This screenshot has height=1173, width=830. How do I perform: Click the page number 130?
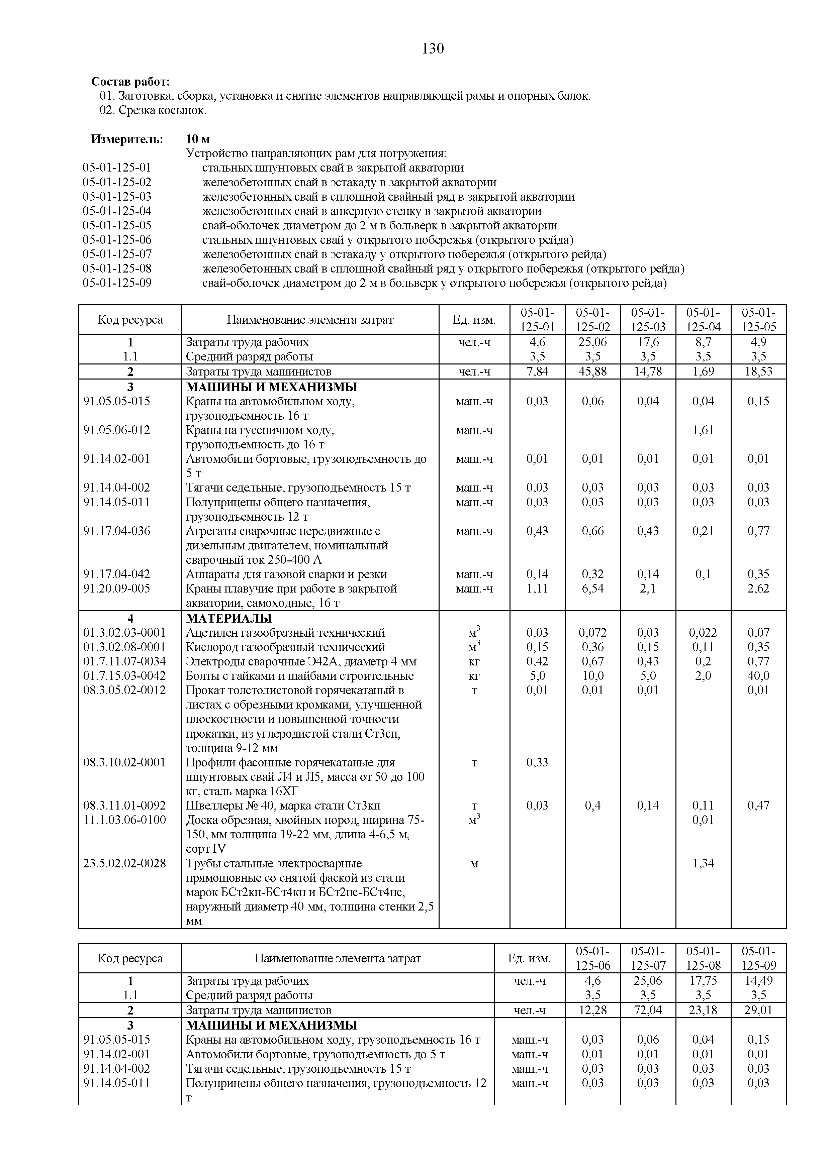point(433,49)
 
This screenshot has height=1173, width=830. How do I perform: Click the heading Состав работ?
point(130,82)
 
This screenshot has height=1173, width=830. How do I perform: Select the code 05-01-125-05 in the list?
point(117,225)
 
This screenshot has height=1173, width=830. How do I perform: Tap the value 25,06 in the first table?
point(592,342)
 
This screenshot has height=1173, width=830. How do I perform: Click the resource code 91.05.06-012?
point(117,430)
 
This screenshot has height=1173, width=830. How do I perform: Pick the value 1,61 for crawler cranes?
point(703,430)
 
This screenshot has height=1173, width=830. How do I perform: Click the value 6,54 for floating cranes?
point(592,589)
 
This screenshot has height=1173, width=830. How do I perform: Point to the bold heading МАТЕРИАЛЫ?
point(229,618)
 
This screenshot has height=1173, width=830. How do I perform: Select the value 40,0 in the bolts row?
point(758,676)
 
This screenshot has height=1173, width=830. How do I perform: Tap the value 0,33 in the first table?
point(537,762)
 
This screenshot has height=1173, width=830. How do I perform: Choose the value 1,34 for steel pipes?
point(703,863)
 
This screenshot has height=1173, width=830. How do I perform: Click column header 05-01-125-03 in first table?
point(648,320)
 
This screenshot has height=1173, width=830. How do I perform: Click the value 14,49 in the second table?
point(758,980)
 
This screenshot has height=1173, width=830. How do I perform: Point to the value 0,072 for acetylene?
point(592,633)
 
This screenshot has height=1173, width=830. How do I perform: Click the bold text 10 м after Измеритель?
point(198,139)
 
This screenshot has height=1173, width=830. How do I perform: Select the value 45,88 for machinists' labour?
point(592,371)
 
